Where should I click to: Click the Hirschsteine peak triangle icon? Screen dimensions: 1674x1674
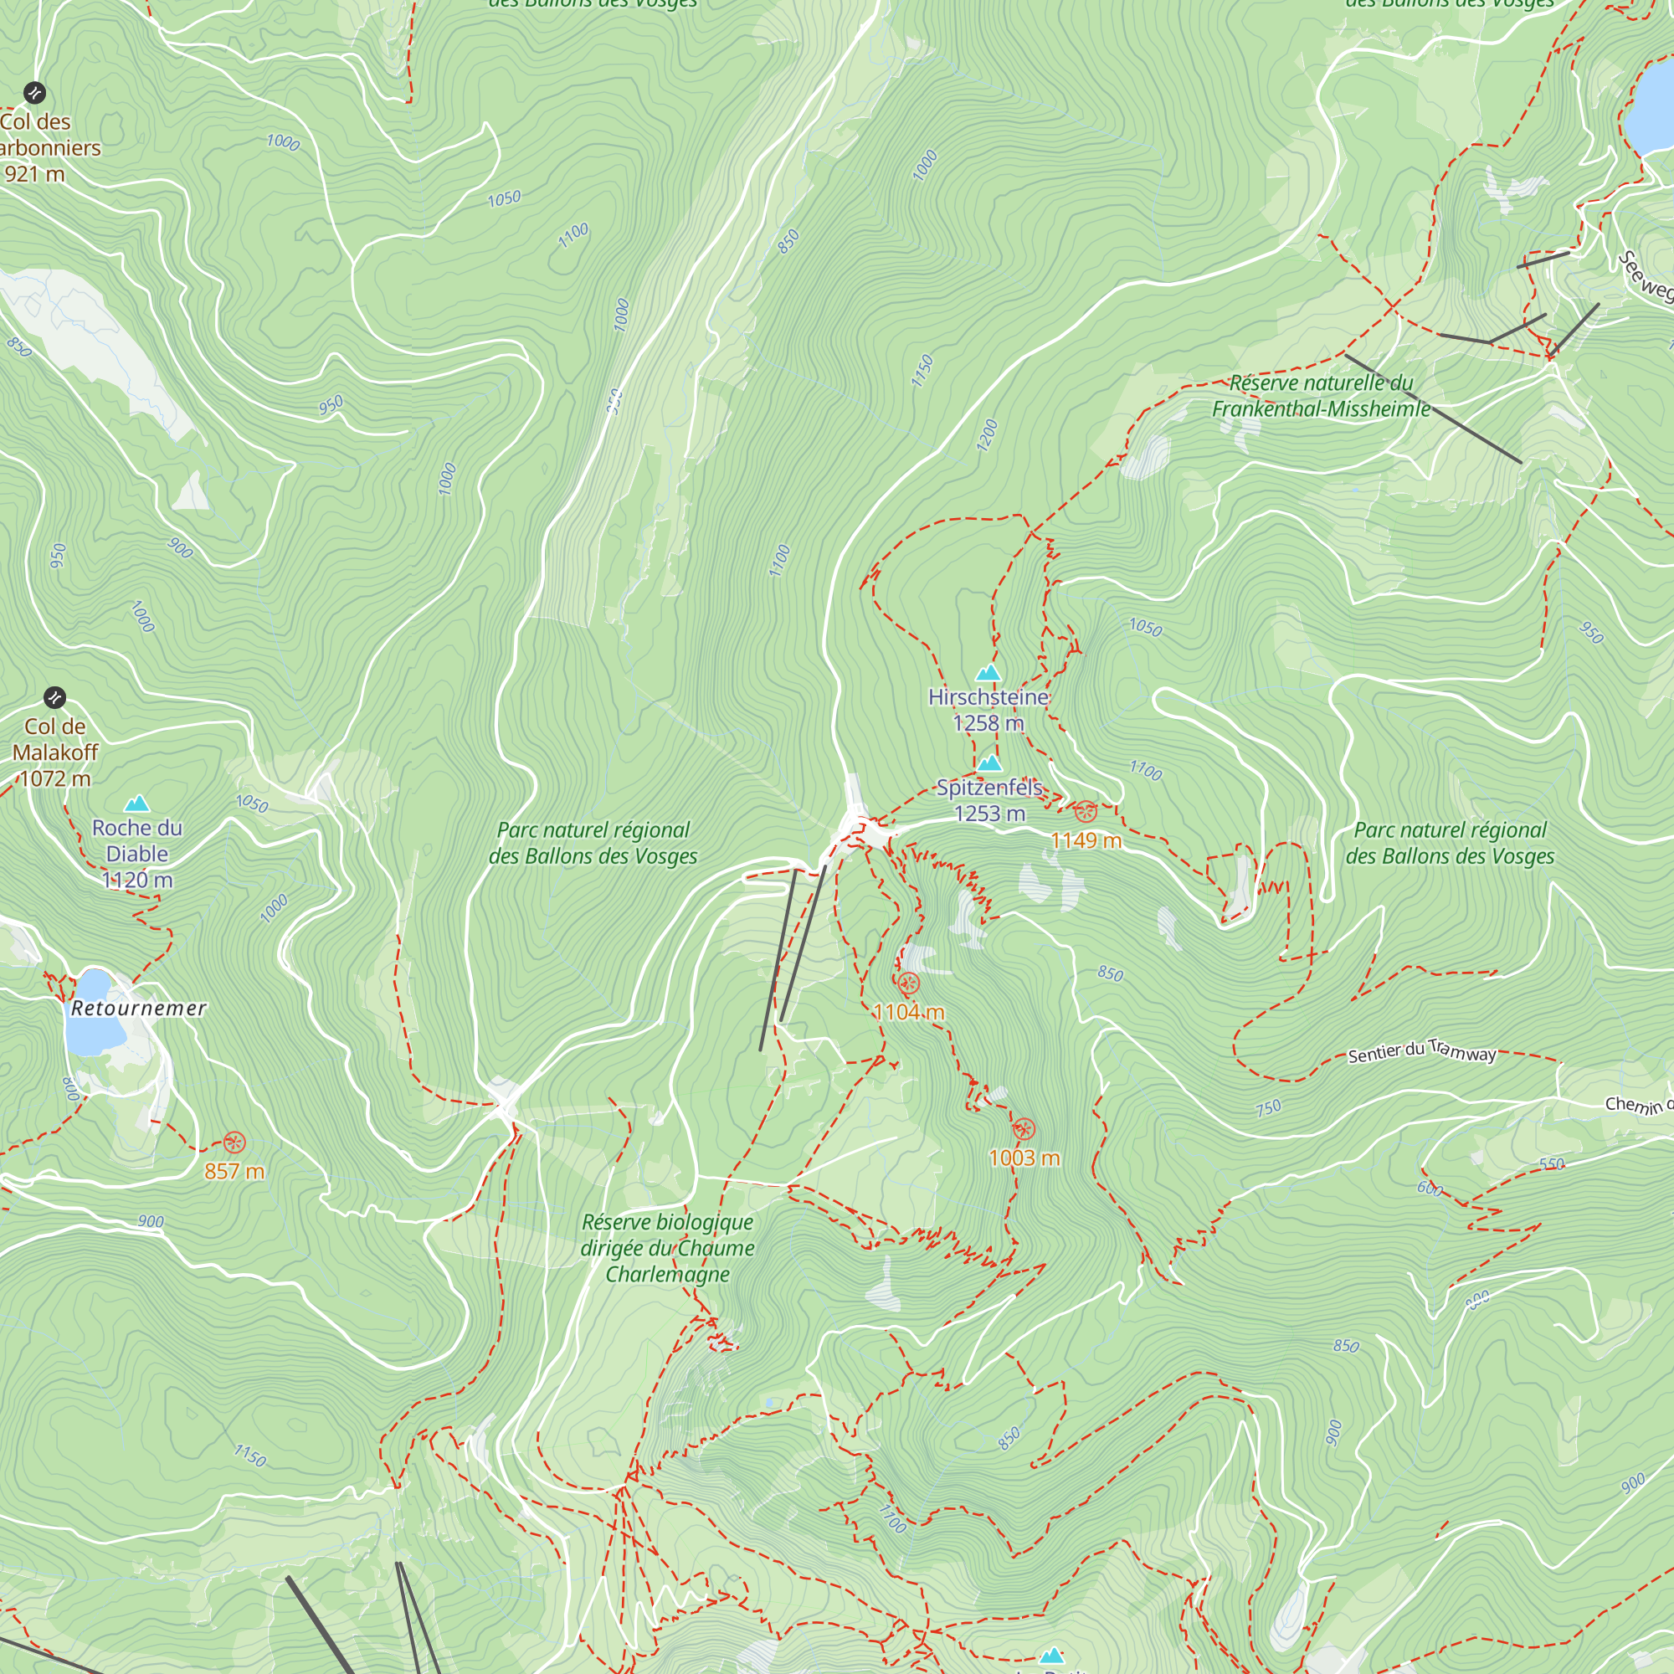tap(988, 673)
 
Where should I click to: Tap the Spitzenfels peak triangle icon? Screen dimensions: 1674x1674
tap(989, 763)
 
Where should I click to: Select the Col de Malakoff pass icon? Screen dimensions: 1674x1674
tap(54, 697)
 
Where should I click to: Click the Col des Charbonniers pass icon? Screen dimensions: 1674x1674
tap(34, 92)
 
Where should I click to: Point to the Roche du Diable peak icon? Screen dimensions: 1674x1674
tap(137, 804)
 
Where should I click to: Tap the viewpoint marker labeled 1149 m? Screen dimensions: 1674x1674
tap(1086, 812)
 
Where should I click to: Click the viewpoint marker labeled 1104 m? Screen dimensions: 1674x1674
tap(908, 983)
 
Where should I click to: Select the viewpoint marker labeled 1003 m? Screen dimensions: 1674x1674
tap(1024, 1129)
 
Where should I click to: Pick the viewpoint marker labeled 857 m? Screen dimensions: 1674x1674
tap(234, 1142)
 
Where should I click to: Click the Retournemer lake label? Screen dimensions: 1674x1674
tap(139, 1008)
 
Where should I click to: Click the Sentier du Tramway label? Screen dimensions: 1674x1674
tap(1422, 1051)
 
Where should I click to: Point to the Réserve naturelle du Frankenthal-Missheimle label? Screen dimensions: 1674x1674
tap(1321, 396)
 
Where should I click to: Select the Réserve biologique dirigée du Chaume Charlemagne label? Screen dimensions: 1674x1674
tap(667, 1248)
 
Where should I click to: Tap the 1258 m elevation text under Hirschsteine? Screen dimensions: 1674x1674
tap(988, 722)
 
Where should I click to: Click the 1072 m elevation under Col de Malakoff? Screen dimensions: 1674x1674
tap(54, 778)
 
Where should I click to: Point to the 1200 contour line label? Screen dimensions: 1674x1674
tap(987, 435)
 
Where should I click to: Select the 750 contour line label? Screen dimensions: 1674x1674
tap(1269, 1107)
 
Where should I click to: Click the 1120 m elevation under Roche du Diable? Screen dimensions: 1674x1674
tap(137, 881)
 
